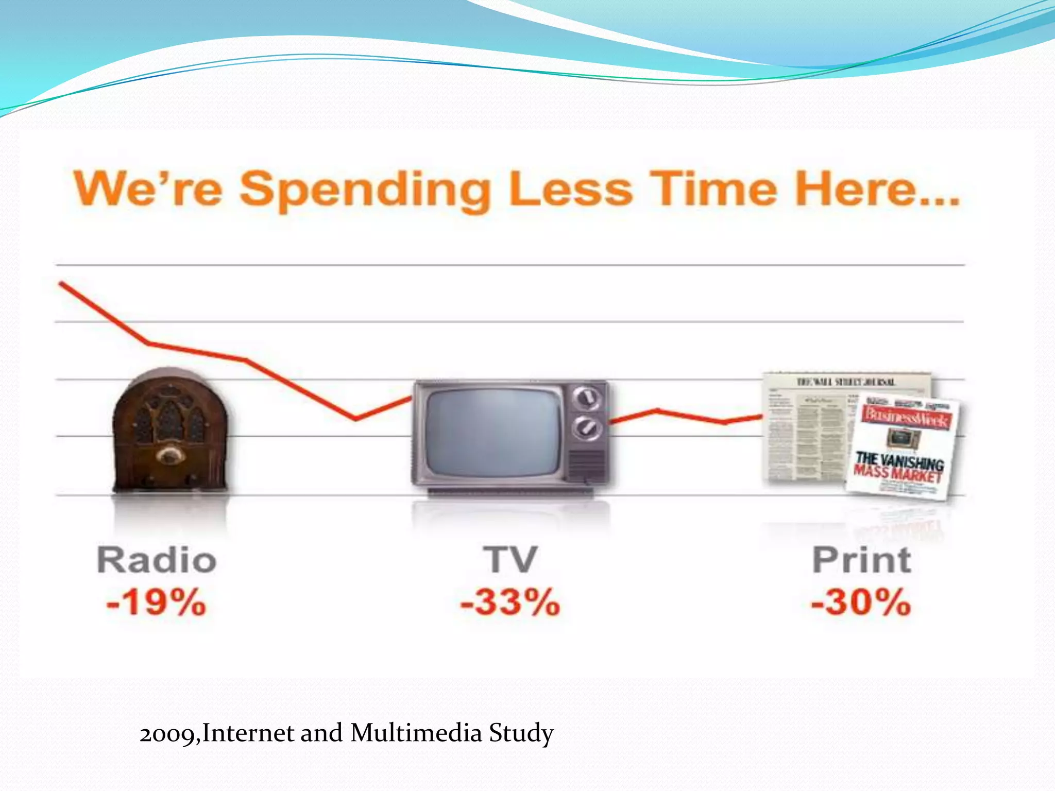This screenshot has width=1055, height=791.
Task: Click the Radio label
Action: (x=157, y=560)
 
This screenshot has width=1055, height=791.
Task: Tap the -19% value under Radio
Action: (x=156, y=602)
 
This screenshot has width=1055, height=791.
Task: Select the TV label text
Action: (x=510, y=560)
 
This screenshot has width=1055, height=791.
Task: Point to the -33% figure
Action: (x=510, y=602)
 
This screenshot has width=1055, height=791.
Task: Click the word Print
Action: (x=861, y=560)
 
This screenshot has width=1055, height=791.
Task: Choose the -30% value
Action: (x=861, y=602)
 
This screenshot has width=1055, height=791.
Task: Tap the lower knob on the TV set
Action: (x=587, y=427)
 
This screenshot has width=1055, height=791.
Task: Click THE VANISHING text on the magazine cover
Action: (x=899, y=460)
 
